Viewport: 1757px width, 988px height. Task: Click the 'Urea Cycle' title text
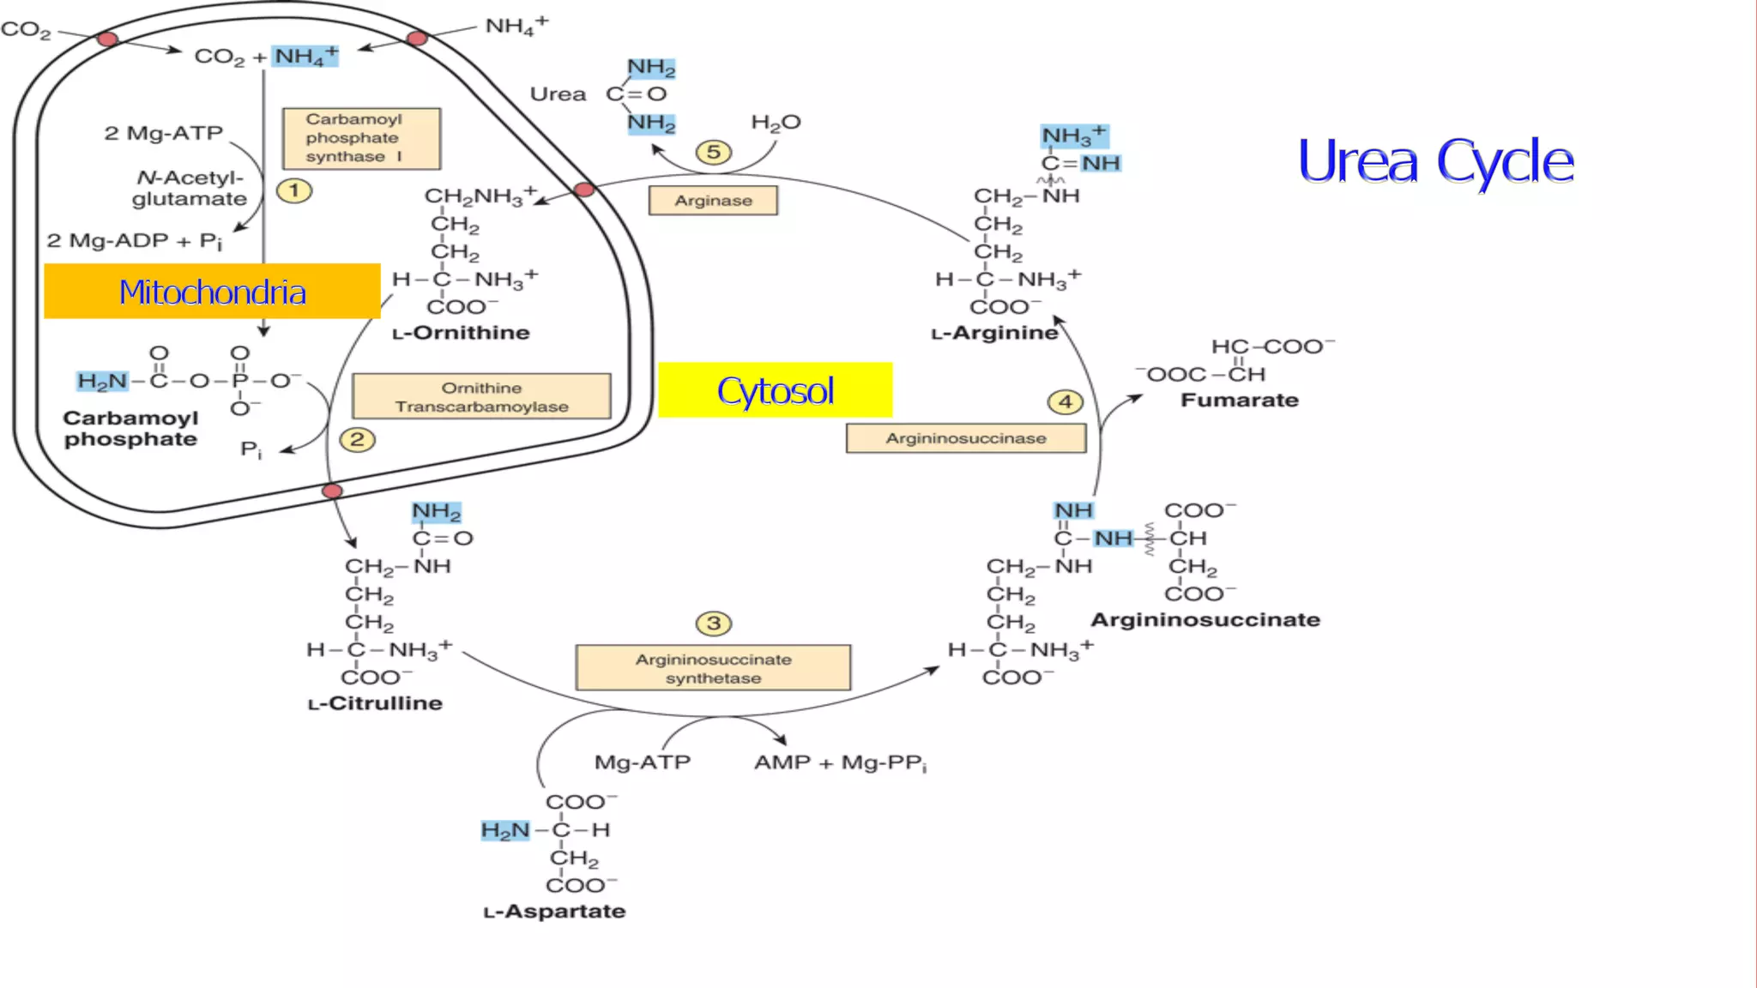pyautogui.click(x=1435, y=161)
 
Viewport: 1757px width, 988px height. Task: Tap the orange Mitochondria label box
pyautogui.click(x=212, y=292)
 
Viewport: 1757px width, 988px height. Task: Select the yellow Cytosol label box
pyautogui.click(x=775, y=390)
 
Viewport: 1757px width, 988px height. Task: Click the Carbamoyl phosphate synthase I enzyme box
pyautogui.click(x=361, y=138)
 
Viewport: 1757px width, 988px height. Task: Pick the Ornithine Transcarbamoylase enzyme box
pyautogui.click(x=481, y=397)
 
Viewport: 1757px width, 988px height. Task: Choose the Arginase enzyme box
pyautogui.click(x=713, y=201)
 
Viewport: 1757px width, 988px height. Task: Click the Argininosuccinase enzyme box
pyautogui.click(x=966, y=438)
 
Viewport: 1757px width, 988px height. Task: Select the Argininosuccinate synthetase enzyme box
pyautogui.click(x=713, y=668)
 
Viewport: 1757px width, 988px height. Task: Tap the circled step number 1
pyautogui.click(x=294, y=190)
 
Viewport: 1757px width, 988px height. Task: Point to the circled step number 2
pyautogui.click(x=357, y=440)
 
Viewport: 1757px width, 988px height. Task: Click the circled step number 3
pyautogui.click(x=713, y=624)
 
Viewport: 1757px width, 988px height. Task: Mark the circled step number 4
pyautogui.click(x=1065, y=401)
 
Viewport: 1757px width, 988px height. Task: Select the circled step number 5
pyautogui.click(x=713, y=153)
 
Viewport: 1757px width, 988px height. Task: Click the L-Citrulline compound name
pyautogui.click(x=375, y=703)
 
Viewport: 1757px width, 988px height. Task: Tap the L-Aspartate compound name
pyautogui.click(x=554, y=911)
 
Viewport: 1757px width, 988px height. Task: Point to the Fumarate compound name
pyautogui.click(x=1239, y=400)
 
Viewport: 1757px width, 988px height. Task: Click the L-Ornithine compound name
pyautogui.click(x=461, y=333)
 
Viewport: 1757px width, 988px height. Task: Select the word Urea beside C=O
pyautogui.click(x=558, y=93)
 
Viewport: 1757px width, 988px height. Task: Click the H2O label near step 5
pyautogui.click(x=776, y=123)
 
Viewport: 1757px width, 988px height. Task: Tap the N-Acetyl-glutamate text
pyautogui.click(x=190, y=188)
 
